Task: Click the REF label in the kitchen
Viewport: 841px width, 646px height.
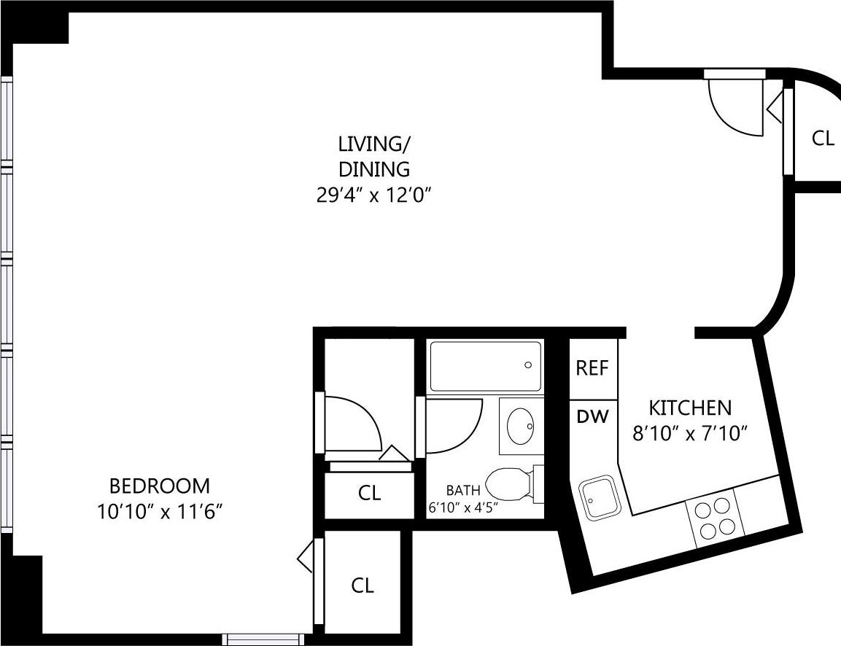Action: (x=592, y=368)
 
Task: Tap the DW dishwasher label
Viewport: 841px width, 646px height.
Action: (x=592, y=417)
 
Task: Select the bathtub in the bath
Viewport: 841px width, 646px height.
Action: (x=486, y=366)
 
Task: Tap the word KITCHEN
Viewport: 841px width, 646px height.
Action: (x=690, y=408)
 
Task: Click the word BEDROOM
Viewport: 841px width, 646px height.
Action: (x=159, y=486)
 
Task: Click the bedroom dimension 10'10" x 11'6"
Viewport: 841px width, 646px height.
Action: (x=159, y=512)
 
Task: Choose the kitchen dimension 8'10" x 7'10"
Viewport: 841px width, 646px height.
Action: (x=690, y=435)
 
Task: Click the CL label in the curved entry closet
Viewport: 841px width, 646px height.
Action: (x=823, y=139)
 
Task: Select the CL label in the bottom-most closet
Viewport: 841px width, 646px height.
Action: (x=363, y=585)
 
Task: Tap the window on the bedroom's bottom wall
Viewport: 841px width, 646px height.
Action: (x=263, y=639)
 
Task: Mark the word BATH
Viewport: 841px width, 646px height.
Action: (x=463, y=490)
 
